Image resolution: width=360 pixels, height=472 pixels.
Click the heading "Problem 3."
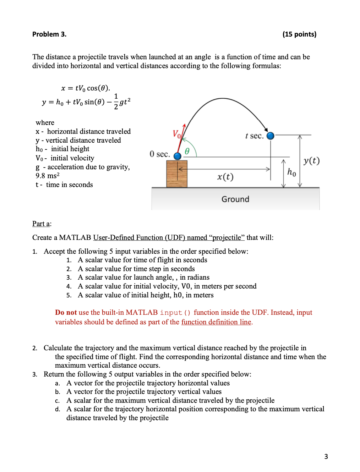(x=49, y=34)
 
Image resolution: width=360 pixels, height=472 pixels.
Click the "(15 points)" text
(x=299, y=34)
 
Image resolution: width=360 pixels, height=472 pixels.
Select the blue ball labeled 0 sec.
(x=178, y=156)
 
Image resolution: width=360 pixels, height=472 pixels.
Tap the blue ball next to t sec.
(x=270, y=136)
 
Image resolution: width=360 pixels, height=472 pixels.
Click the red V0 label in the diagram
(x=177, y=134)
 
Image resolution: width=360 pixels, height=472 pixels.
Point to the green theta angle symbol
(x=187, y=151)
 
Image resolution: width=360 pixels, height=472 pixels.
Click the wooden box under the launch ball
(x=177, y=174)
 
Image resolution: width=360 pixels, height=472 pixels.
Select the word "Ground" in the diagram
(x=235, y=199)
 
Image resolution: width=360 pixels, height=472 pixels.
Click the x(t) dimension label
(x=225, y=177)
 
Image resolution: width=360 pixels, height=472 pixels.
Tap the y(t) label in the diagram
(x=311, y=161)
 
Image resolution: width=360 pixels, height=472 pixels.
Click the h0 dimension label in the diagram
(x=291, y=172)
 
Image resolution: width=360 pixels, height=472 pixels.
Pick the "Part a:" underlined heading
(x=42, y=224)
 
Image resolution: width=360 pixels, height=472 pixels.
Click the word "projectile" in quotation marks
(x=227, y=237)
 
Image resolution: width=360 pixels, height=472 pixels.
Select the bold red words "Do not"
(x=66, y=312)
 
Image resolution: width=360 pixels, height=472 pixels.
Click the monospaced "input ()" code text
(x=175, y=313)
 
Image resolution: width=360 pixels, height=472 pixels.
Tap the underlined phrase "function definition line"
(x=216, y=322)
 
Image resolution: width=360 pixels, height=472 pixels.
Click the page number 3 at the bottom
(x=326, y=456)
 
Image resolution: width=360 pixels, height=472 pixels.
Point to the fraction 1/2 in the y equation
(x=116, y=101)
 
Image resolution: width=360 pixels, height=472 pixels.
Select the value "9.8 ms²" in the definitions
(x=48, y=176)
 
